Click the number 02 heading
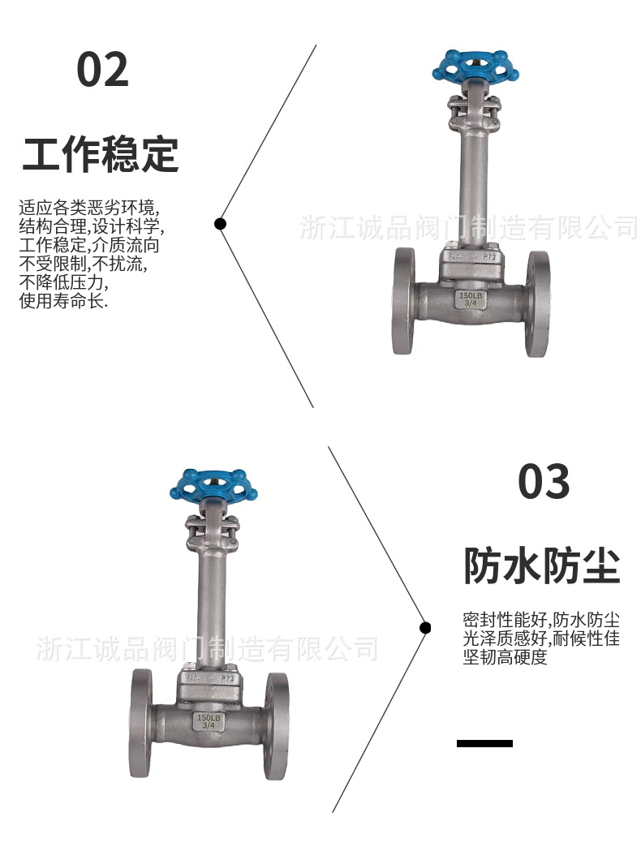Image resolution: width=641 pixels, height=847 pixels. click(102, 70)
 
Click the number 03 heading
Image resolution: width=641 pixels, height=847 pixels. click(544, 482)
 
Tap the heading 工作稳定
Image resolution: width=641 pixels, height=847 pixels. click(100, 155)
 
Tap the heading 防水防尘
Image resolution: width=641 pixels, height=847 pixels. click(541, 565)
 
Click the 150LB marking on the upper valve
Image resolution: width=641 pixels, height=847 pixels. click(471, 296)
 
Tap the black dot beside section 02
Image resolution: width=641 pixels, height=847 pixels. click(220, 224)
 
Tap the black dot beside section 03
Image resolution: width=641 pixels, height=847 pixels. click(425, 627)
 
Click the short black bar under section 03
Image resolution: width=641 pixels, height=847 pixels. click(484, 743)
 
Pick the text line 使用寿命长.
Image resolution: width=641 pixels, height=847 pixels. click(63, 301)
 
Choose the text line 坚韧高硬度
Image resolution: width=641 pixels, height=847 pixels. click(505, 657)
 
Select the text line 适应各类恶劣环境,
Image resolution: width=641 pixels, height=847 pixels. click(90, 207)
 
